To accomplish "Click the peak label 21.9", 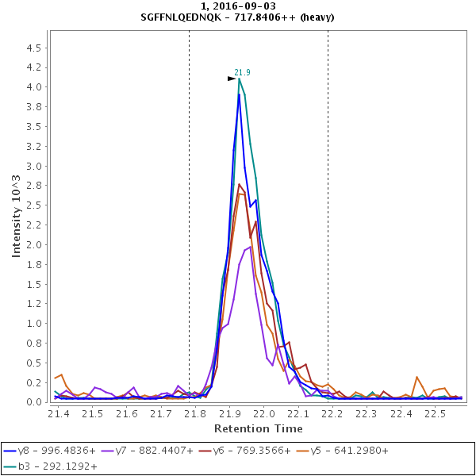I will (x=242, y=72).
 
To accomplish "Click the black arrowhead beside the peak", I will (x=232, y=79).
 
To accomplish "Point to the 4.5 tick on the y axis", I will (x=34, y=48).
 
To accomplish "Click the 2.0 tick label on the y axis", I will (x=34, y=244).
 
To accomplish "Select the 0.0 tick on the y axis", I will (x=34, y=402).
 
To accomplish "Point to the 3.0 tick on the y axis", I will (x=34, y=166).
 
